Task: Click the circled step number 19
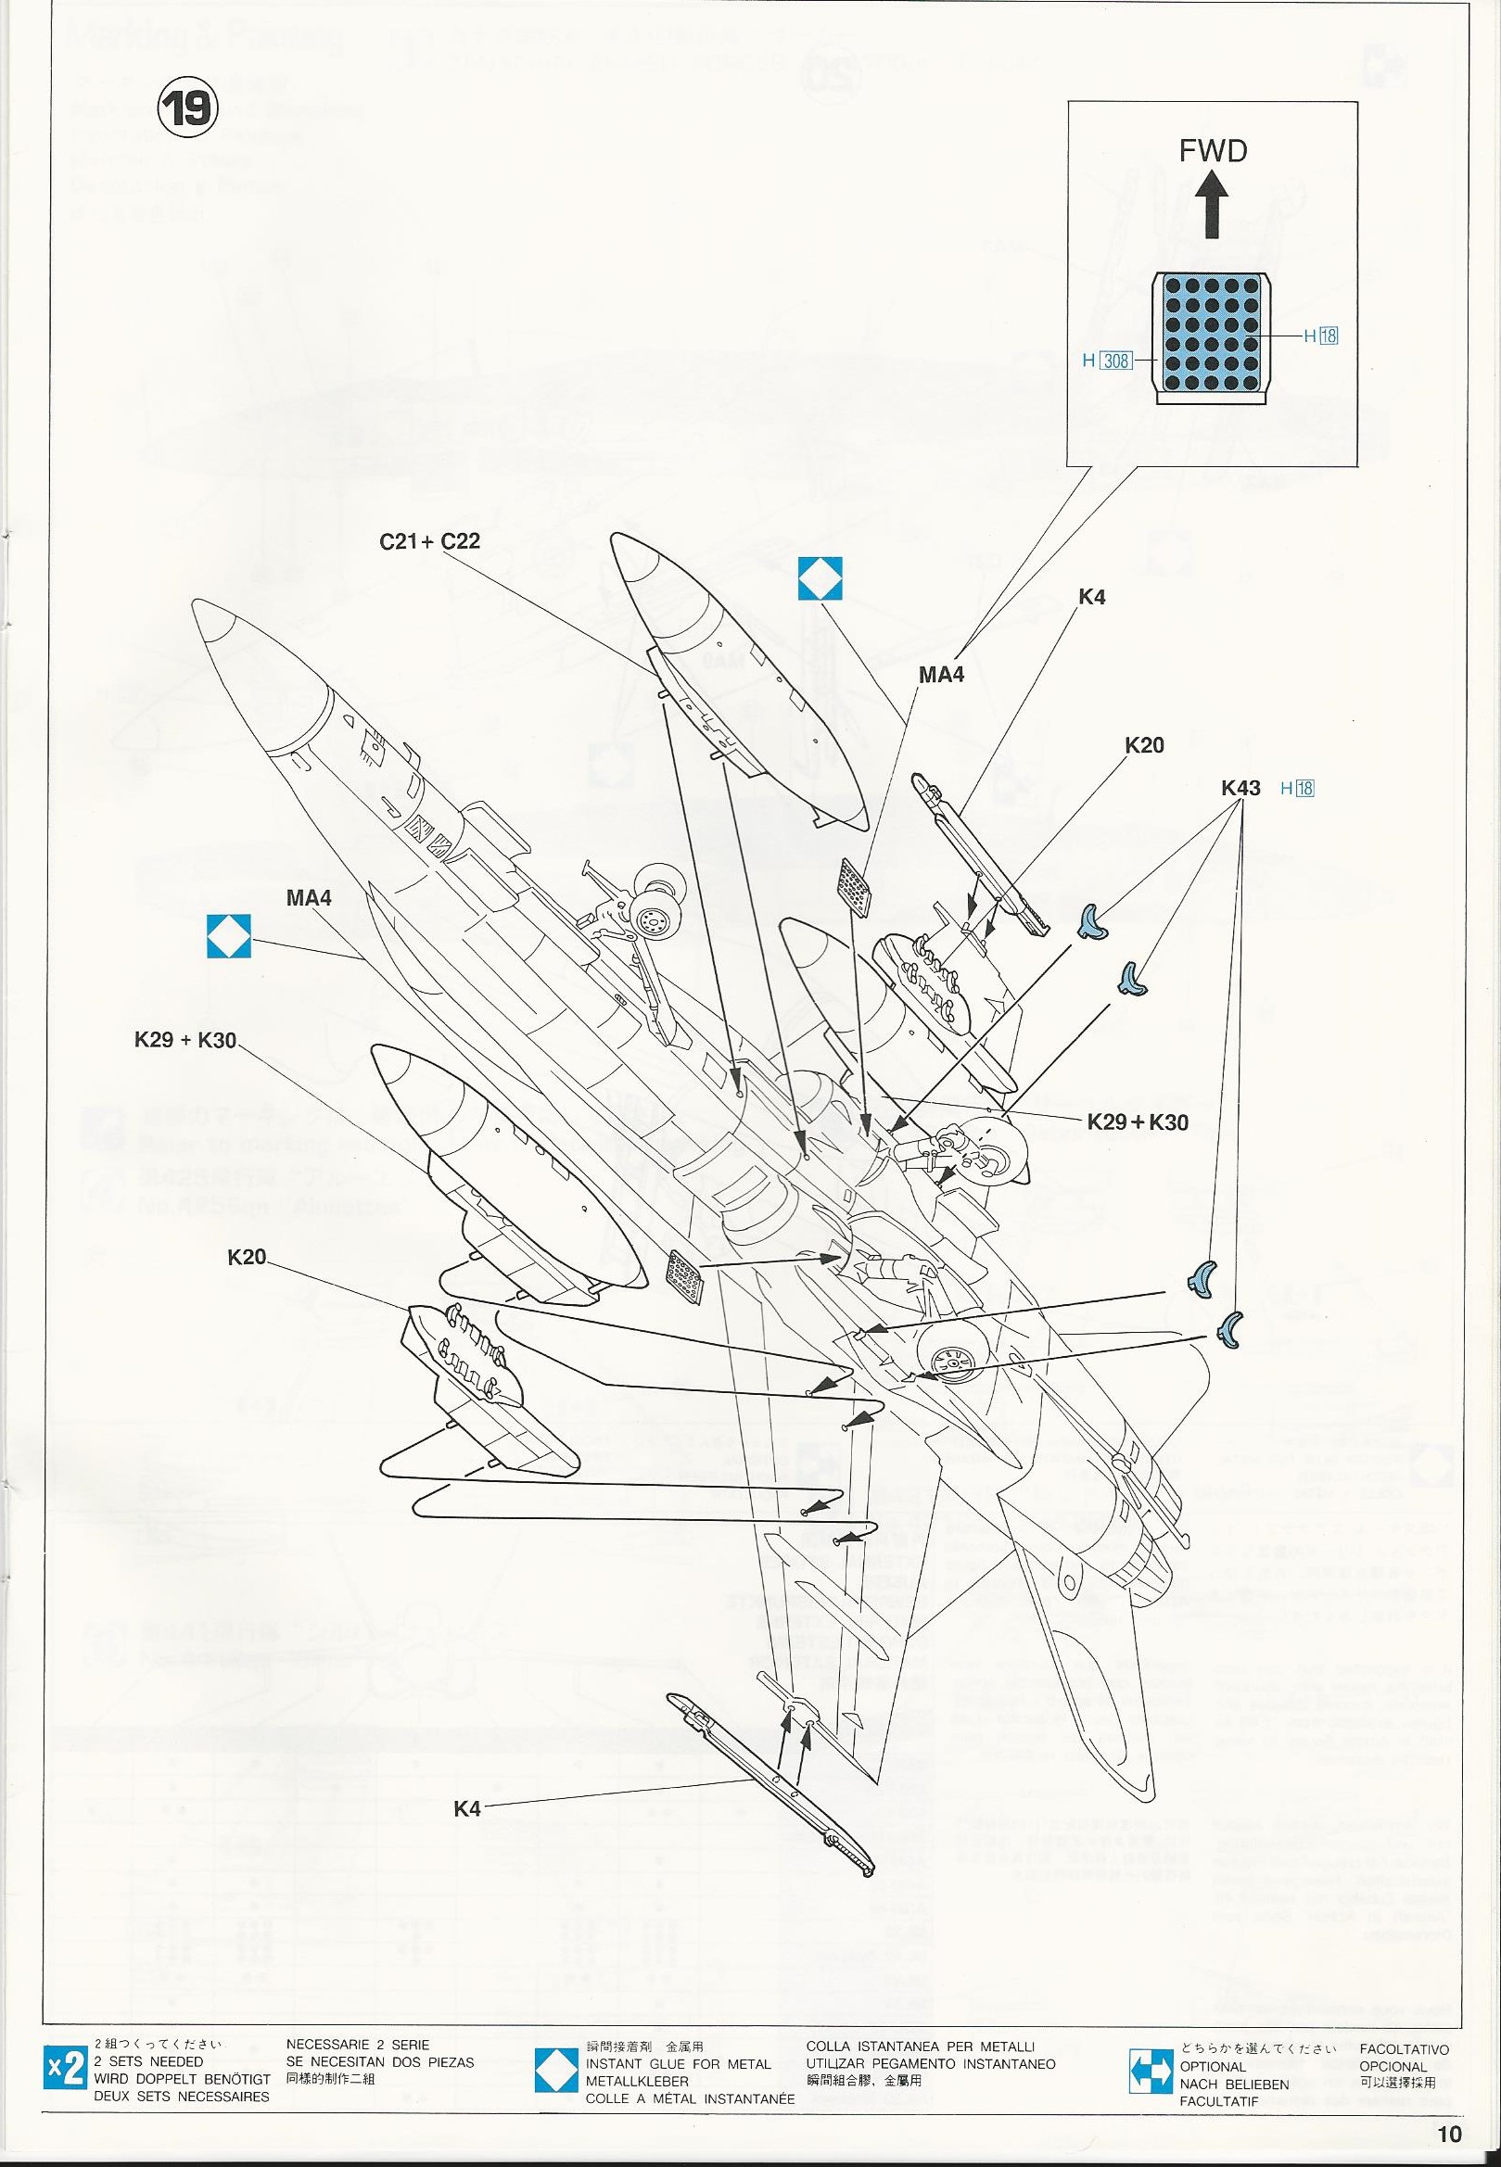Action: click(x=188, y=109)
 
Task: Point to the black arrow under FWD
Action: click(x=1214, y=209)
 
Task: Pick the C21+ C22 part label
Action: click(x=430, y=541)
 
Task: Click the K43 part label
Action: click(x=1240, y=788)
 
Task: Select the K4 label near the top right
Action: click(x=1091, y=597)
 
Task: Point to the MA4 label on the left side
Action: click(x=310, y=898)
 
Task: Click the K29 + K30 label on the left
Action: click(x=185, y=1041)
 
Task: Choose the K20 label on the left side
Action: click(x=247, y=1257)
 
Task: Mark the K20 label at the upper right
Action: click(x=1144, y=745)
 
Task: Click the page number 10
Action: click(x=1449, y=2133)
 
